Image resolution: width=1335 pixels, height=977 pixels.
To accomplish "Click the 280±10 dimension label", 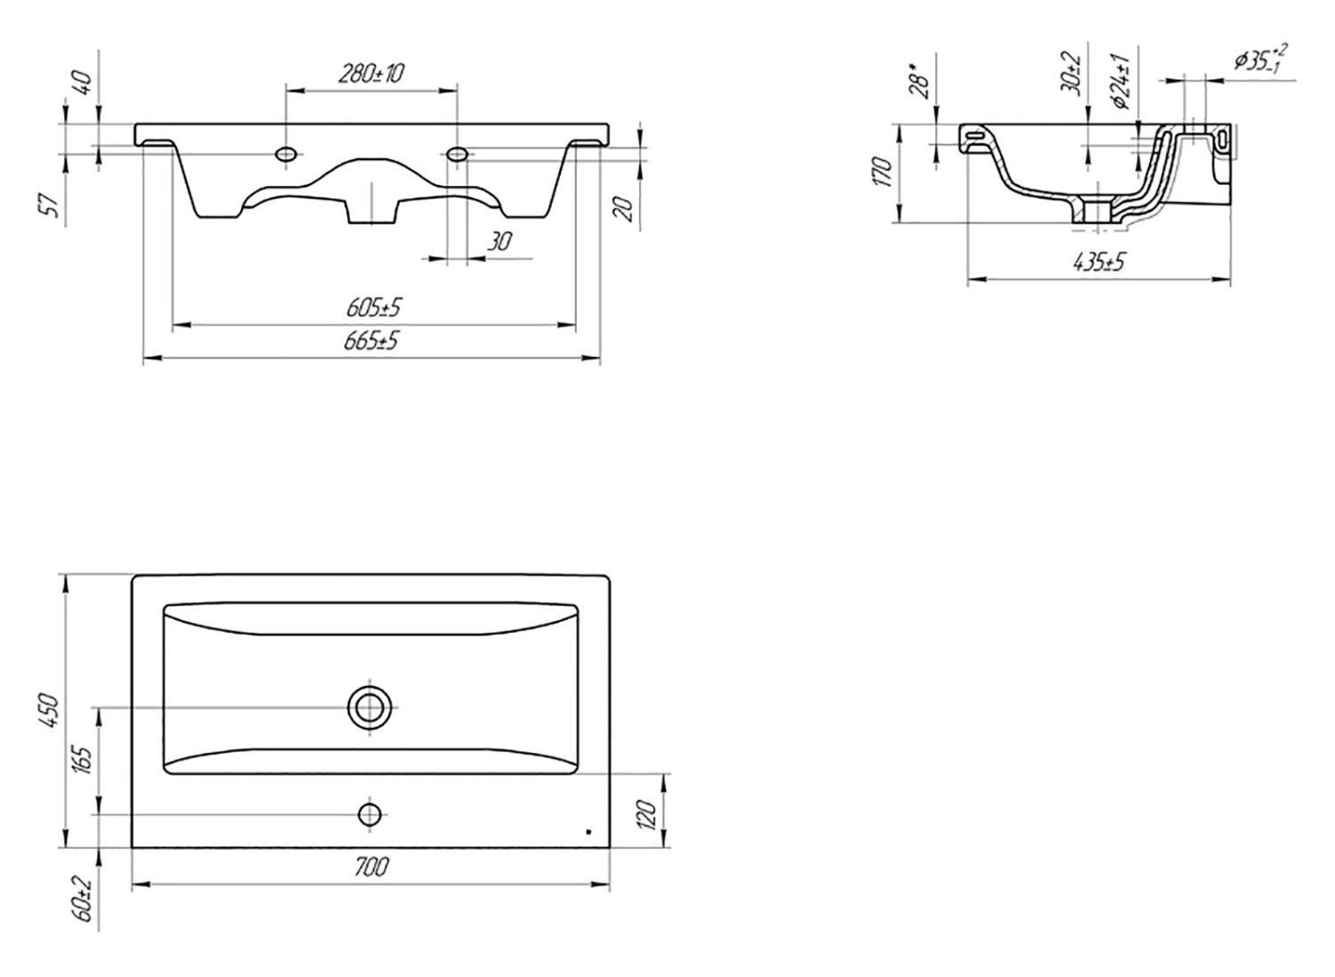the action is point(371,73).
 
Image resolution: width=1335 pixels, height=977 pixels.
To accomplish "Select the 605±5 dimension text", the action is point(374,308).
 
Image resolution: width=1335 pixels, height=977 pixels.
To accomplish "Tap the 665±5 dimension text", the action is point(371,342).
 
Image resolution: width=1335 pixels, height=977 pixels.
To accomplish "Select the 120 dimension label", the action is point(647,814).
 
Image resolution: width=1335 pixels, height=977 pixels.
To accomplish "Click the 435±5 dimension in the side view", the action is point(1098,262).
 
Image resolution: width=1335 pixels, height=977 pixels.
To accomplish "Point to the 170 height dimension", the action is point(882,172).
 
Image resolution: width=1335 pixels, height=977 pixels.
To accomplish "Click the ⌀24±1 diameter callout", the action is point(1121,82).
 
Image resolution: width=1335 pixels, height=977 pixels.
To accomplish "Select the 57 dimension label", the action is point(53,206).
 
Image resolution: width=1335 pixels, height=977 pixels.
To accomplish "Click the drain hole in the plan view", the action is point(371,707).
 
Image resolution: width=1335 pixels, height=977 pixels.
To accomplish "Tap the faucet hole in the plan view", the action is point(370,814).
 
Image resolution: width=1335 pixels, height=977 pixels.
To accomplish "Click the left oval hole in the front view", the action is point(286,154).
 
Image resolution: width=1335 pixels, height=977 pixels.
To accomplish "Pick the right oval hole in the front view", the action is point(457,154).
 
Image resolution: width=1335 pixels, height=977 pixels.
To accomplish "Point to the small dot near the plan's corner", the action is point(589,832).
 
